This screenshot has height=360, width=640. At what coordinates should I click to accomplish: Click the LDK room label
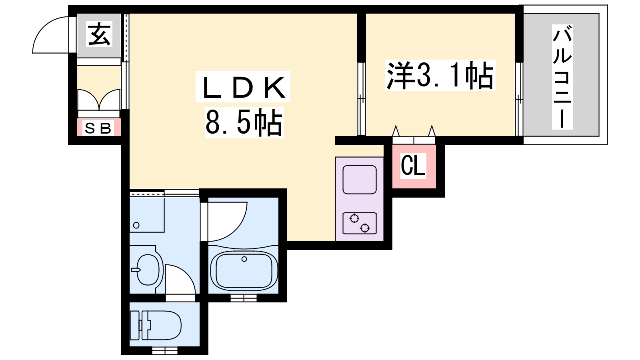click(243, 87)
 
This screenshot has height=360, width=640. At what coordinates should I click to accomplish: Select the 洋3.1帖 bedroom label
click(440, 76)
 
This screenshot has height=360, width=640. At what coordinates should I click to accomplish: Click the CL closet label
click(413, 166)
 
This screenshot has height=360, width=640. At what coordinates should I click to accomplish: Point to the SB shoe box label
click(98, 128)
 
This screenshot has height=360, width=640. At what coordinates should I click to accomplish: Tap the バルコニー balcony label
click(562, 76)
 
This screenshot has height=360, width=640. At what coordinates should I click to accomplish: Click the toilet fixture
click(156, 325)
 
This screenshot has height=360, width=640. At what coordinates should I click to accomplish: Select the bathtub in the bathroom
click(244, 270)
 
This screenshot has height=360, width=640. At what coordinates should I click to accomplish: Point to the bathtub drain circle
click(244, 259)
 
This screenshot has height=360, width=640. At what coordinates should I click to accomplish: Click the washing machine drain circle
click(136, 225)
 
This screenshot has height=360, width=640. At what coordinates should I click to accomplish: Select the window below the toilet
click(164, 350)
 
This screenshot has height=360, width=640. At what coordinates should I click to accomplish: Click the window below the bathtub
click(244, 298)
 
